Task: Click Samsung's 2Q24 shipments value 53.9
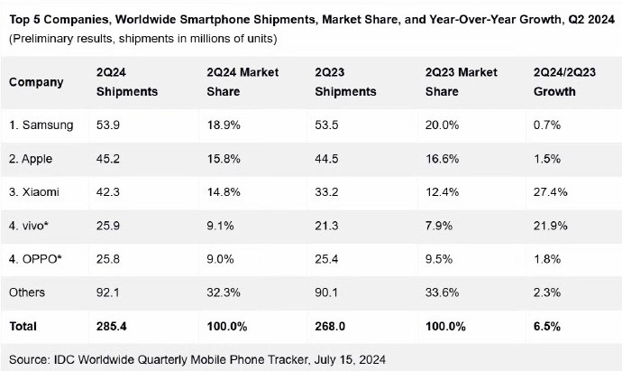[108, 125]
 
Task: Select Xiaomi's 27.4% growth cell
[550, 192]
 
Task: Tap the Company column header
[36, 82]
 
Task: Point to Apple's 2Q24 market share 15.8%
[224, 159]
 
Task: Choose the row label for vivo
[29, 226]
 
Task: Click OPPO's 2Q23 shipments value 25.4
[326, 259]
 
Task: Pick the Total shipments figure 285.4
[112, 327]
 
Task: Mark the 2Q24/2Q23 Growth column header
[564, 82]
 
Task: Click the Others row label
[27, 292]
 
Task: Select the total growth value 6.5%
[547, 327]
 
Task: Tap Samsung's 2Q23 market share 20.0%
[442, 125]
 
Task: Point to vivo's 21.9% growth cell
[550, 226]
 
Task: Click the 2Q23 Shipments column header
[345, 82]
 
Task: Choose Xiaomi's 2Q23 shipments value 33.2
[326, 192]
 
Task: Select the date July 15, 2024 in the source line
[350, 360]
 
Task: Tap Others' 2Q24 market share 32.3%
[224, 292]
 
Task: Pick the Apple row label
[31, 159]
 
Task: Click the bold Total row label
[23, 327]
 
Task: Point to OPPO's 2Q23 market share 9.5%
[439, 259]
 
